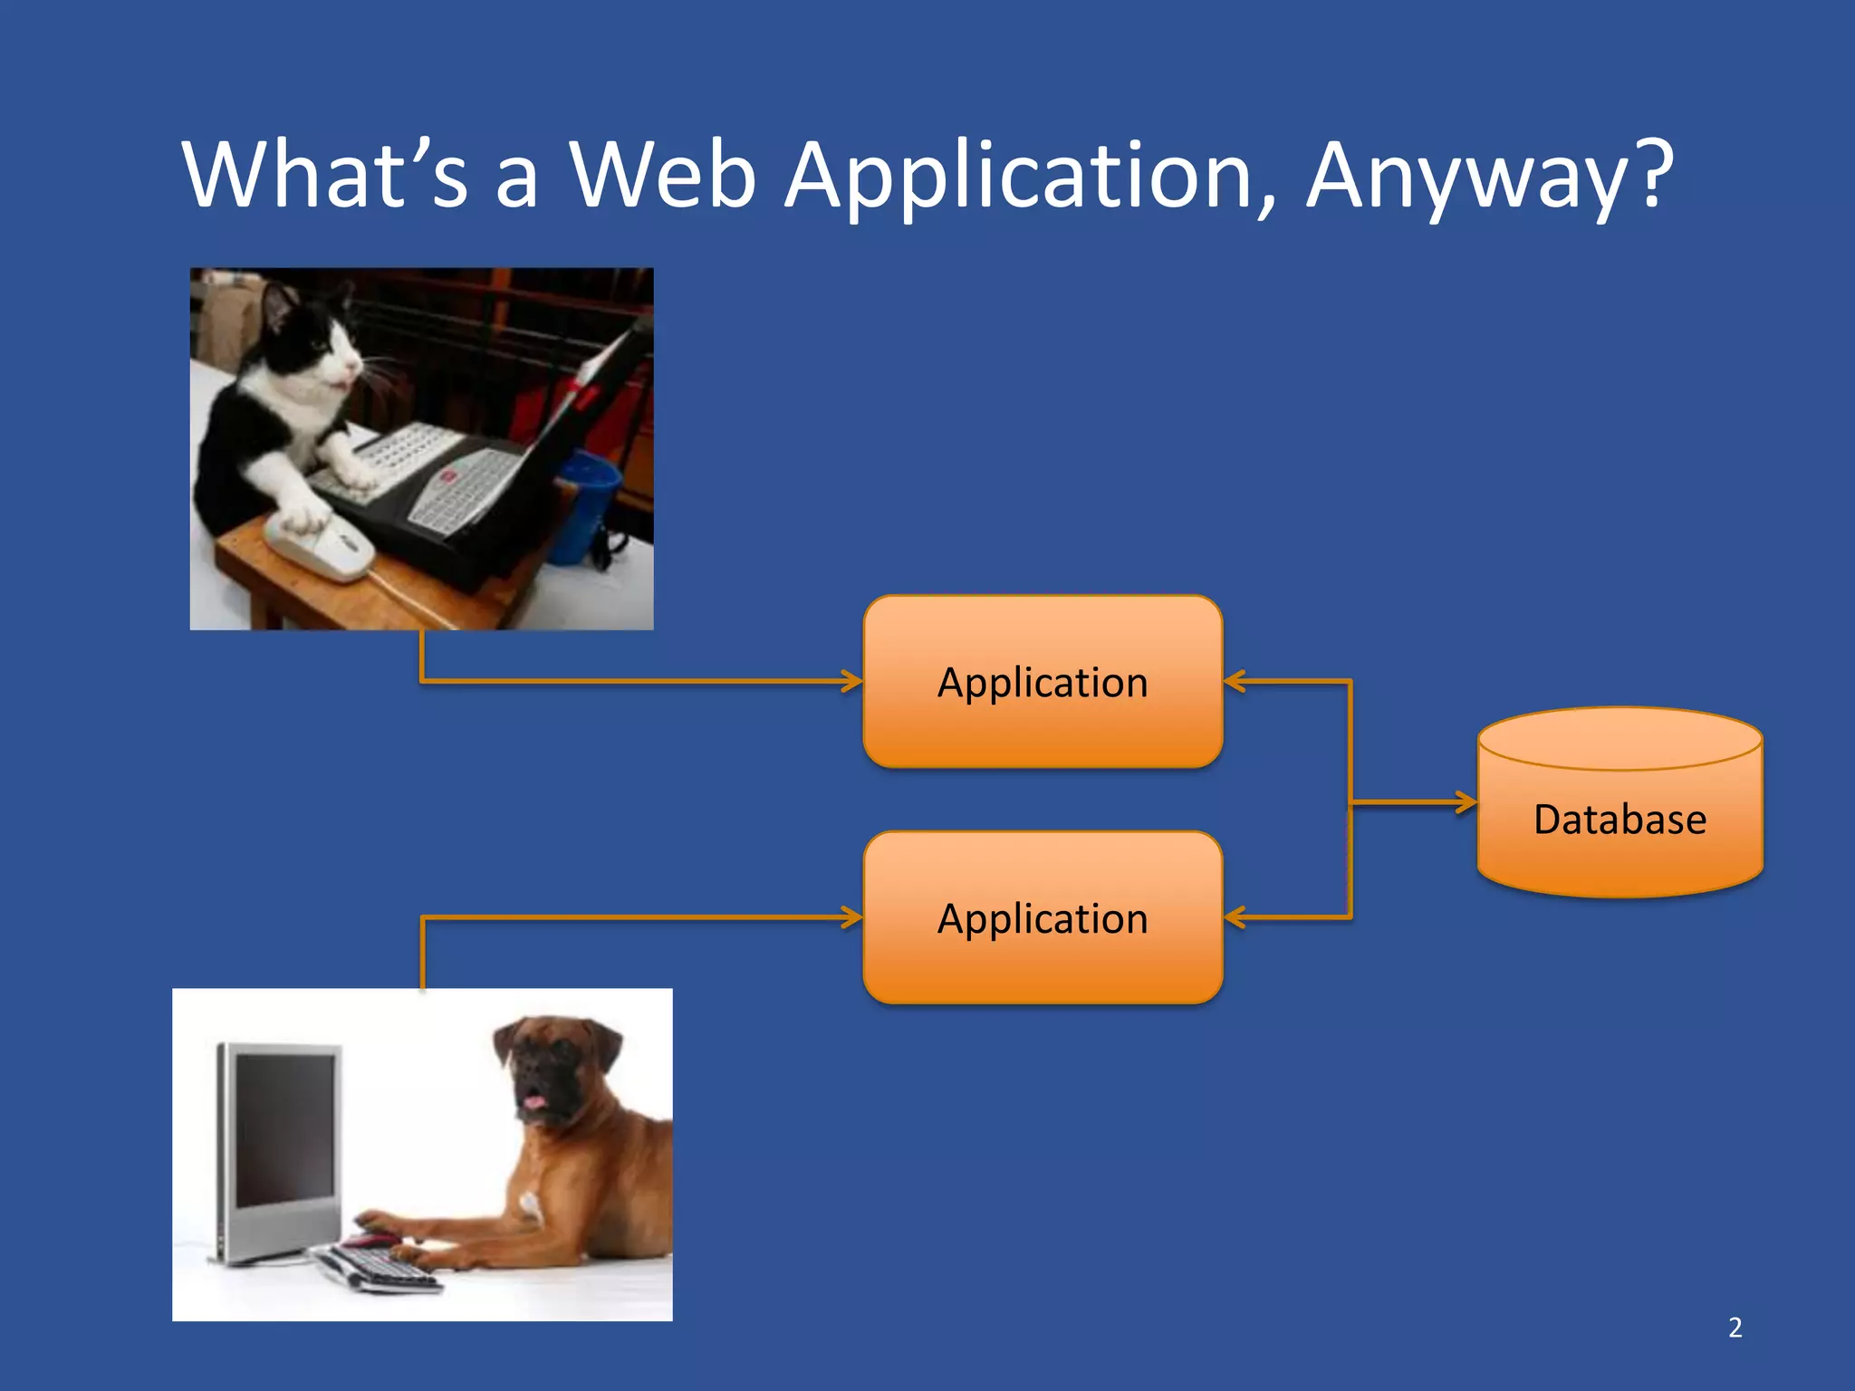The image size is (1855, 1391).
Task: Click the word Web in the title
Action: coord(662,174)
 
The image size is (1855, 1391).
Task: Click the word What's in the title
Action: coord(325,174)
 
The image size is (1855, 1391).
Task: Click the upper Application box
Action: coord(1043,682)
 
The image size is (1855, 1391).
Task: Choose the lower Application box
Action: coord(1043,917)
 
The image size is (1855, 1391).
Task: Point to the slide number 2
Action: coord(1735,1328)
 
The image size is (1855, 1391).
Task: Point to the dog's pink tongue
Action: coord(533,1102)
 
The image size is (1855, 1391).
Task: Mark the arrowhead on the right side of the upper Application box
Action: coord(1235,681)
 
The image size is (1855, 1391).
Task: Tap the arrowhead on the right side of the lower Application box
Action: coord(1235,917)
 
